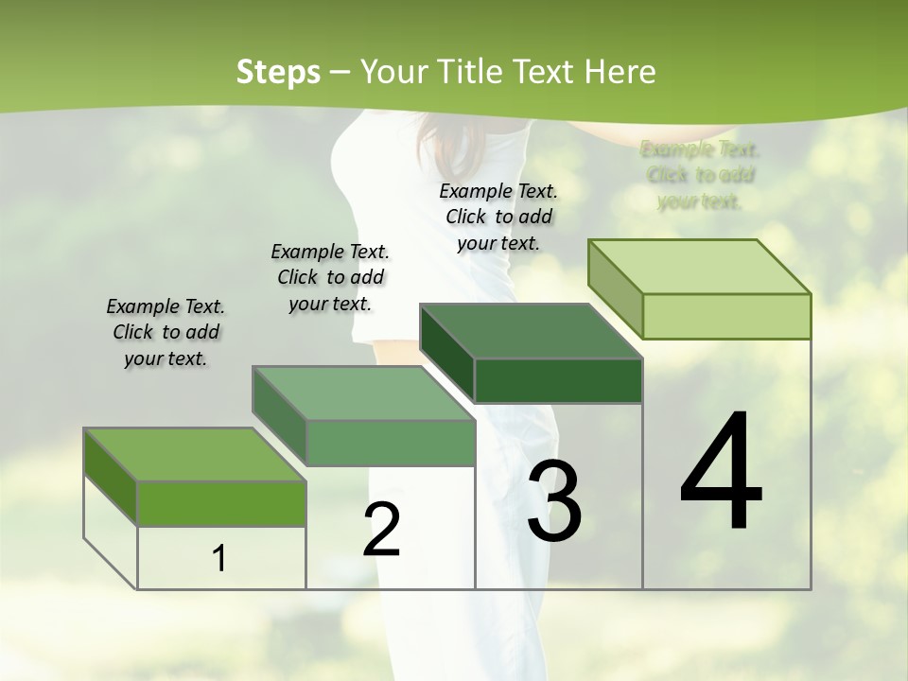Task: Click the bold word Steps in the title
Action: [x=277, y=72]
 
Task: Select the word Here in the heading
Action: [x=620, y=72]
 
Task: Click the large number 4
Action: [x=721, y=472]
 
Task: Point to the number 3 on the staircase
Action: [x=554, y=500]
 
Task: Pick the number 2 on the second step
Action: [x=381, y=530]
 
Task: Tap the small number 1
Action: [x=219, y=558]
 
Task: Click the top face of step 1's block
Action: [x=195, y=455]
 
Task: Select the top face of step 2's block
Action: [x=363, y=393]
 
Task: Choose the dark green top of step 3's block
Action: [x=531, y=332]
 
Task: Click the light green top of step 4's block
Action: [x=699, y=267]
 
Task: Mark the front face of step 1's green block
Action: [x=221, y=503]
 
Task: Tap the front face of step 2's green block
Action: [x=391, y=443]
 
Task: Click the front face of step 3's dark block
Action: [x=558, y=380]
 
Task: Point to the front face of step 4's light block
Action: [x=726, y=316]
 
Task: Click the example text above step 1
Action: [x=166, y=332]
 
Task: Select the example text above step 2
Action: [x=330, y=277]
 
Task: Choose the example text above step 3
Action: [x=498, y=217]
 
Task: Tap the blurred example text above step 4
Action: [x=700, y=175]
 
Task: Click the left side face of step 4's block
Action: [x=615, y=288]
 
